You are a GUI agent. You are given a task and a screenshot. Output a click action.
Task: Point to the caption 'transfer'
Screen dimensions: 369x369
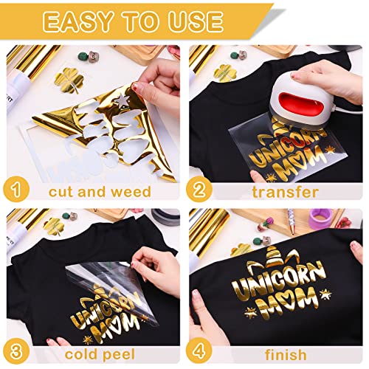[283, 193]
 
